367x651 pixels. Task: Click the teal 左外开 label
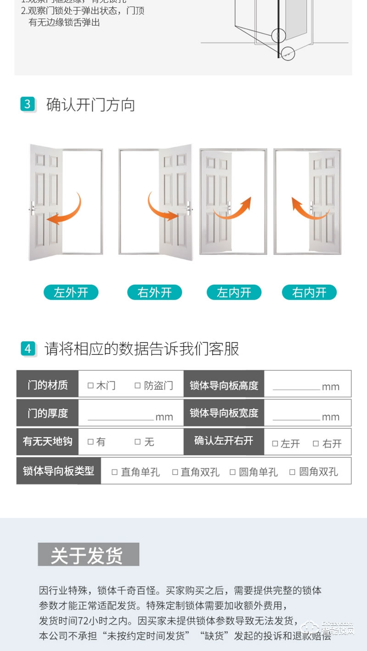pos(71,292)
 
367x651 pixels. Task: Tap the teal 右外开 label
pos(154,292)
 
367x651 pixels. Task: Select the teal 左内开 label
pos(234,292)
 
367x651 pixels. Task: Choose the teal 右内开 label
pos(309,292)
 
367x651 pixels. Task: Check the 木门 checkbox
pos(90,386)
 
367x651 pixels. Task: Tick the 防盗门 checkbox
pos(137,386)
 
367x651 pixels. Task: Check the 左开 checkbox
pos(275,443)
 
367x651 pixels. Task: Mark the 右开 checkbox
pos(316,443)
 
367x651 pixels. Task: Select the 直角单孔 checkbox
pos(115,472)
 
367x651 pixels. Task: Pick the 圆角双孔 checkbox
pos(292,472)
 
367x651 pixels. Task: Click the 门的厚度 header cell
pos(47,413)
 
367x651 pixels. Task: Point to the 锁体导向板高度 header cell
pos(224,385)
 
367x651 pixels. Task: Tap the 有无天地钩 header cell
pos(47,441)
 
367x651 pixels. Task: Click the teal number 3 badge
pos(28,104)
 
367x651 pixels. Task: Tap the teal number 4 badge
pos(28,348)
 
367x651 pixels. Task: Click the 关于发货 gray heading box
pos(88,555)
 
